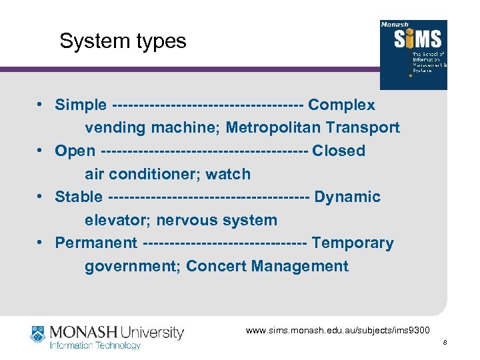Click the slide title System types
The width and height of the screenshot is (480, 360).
tap(123, 41)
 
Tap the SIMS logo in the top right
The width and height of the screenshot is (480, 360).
tap(413, 54)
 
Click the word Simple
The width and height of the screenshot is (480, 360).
tap(81, 105)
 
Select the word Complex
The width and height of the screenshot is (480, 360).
tap(341, 105)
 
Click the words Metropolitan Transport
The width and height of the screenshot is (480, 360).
tap(313, 127)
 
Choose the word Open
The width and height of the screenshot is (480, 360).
tap(75, 151)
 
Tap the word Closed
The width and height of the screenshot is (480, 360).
tap(339, 151)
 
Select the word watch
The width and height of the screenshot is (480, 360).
tap(228, 174)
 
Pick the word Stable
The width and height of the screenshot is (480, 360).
tap(79, 197)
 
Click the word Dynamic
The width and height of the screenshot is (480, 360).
tap(347, 197)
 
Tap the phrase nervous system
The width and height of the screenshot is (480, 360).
tap(217, 220)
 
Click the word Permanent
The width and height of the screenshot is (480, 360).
tap(96, 243)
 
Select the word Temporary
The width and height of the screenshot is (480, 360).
tap(353, 243)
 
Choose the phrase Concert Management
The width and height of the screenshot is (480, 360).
tap(267, 267)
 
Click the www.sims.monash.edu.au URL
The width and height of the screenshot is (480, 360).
tap(338, 330)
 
